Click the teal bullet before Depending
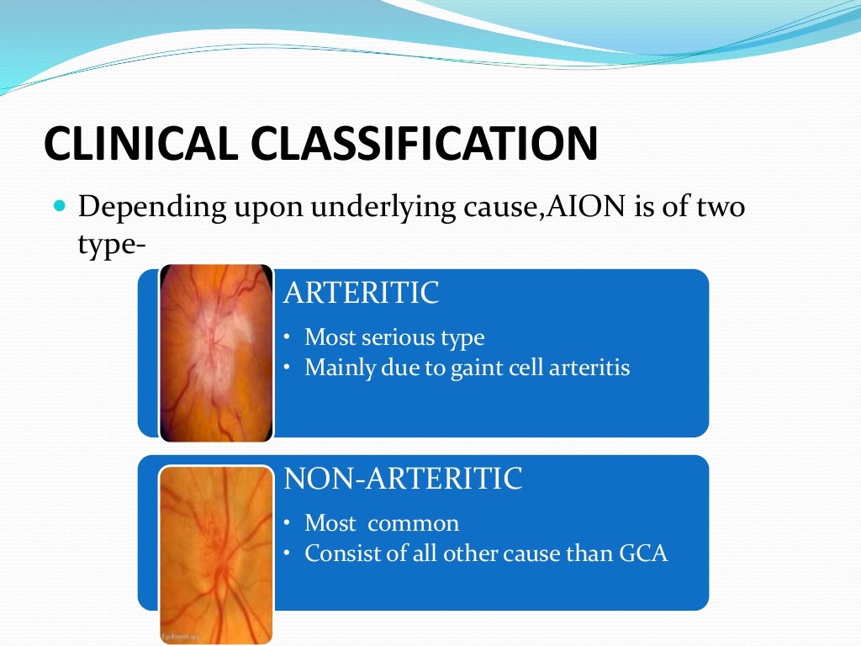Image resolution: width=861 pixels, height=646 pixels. [59, 204]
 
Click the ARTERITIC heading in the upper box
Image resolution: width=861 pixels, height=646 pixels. [362, 293]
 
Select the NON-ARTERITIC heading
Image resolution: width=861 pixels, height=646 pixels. [404, 479]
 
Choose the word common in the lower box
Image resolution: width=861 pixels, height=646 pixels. [414, 523]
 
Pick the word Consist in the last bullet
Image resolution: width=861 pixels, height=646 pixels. [335, 553]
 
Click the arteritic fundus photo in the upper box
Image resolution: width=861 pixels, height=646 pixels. [216, 353]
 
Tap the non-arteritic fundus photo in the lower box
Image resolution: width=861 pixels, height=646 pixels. [216, 552]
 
